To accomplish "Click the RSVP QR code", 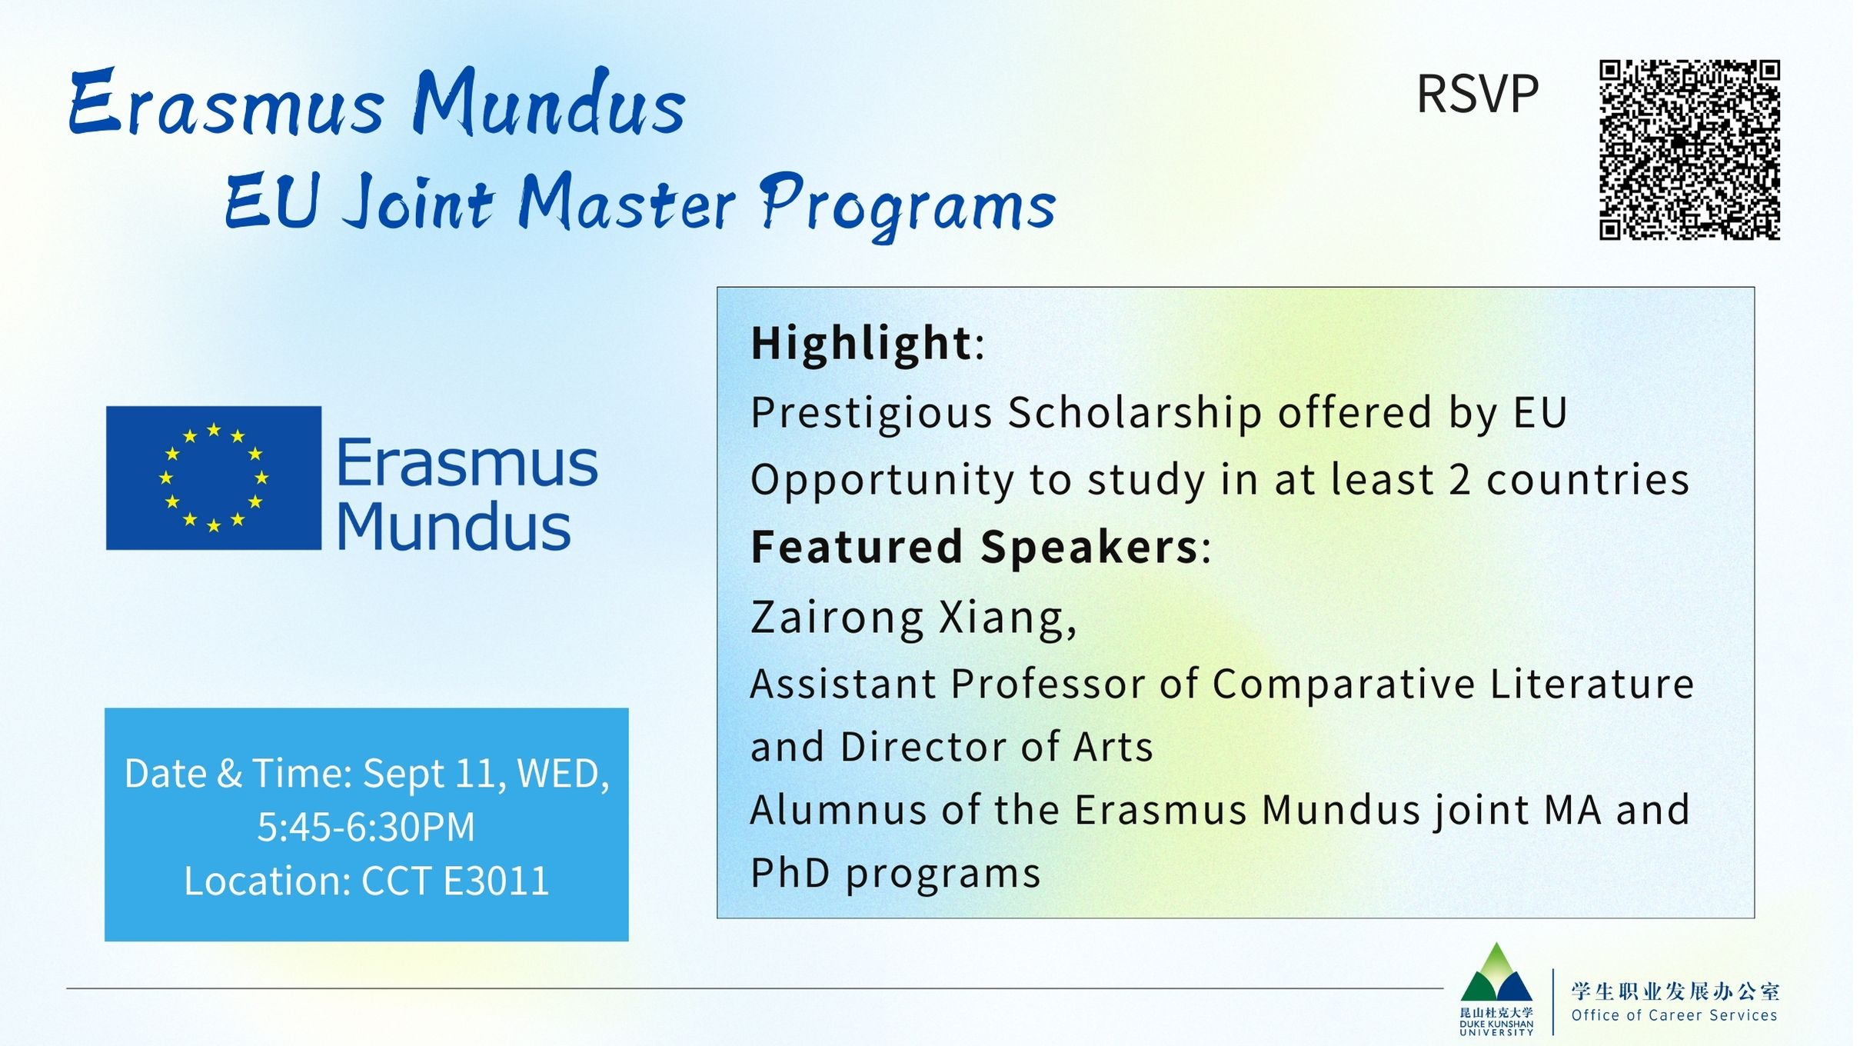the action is tap(1689, 150).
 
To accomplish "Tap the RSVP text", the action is tap(1477, 95).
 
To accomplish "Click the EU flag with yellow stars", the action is tap(214, 478).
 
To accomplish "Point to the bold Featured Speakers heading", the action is tap(974, 547).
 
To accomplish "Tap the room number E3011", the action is tap(497, 881).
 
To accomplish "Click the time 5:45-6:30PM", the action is tap(366, 827).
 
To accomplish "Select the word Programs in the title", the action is tap(908, 203).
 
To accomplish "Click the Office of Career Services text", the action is tap(1674, 1015).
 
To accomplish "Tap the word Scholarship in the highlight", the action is tap(1135, 412).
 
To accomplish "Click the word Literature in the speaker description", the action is tap(1592, 684).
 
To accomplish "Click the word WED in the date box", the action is tap(559, 774).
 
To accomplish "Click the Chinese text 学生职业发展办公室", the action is tap(1675, 991).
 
